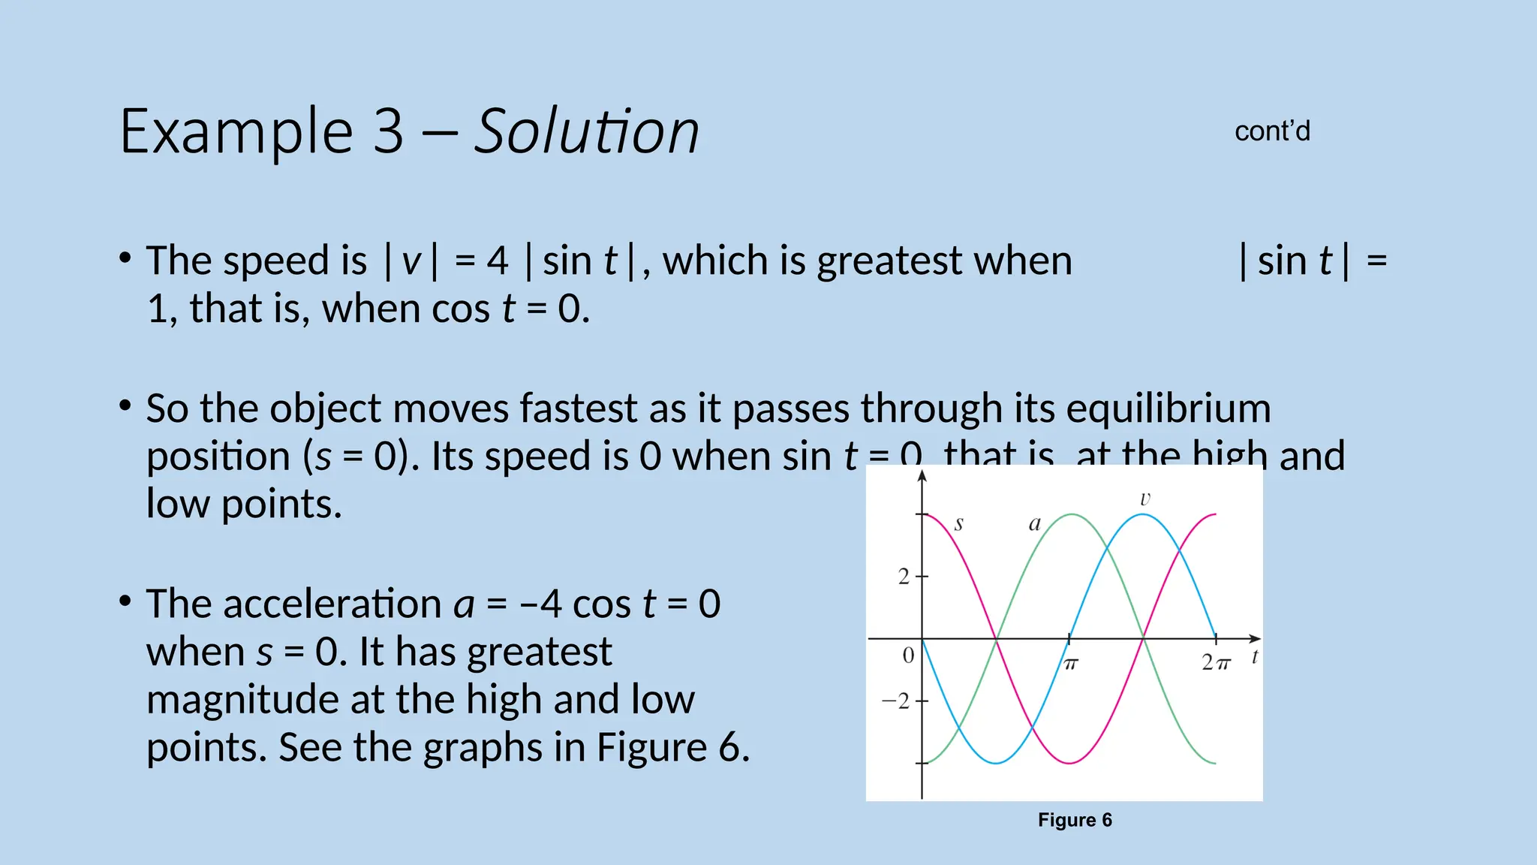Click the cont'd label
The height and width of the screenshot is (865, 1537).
click(x=1272, y=131)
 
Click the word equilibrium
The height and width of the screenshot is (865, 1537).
click(x=1168, y=409)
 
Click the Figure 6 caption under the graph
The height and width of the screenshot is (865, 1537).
click(x=1075, y=820)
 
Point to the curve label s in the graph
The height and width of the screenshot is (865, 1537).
click(x=958, y=523)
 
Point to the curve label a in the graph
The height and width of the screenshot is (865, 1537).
click(x=1034, y=523)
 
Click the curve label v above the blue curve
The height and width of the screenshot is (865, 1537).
click(x=1144, y=499)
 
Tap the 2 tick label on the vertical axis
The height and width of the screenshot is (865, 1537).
click(x=904, y=577)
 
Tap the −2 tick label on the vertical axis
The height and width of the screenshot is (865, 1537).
click(x=895, y=701)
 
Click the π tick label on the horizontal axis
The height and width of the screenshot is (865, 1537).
click(x=1070, y=665)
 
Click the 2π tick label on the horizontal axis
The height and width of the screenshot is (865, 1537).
click(x=1216, y=663)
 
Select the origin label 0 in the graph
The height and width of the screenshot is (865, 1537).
click(x=908, y=656)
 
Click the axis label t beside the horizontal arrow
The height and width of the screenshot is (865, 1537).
click(x=1254, y=657)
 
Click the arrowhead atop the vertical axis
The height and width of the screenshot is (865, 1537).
click(x=922, y=475)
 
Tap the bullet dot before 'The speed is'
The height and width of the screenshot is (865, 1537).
click(x=125, y=259)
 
